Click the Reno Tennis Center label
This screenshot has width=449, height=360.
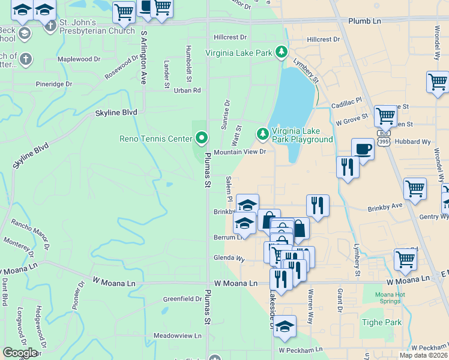[x=155, y=139]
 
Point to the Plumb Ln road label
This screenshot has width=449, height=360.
[x=364, y=21]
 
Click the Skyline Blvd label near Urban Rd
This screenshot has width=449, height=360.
[x=116, y=113]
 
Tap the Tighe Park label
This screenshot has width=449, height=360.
[x=381, y=322]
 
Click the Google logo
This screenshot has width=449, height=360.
[x=20, y=352]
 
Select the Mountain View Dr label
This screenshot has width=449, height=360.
[x=240, y=152]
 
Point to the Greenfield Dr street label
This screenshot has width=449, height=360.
[x=183, y=299]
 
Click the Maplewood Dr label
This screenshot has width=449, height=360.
[x=79, y=59]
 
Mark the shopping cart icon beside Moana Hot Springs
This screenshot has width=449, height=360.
[x=405, y=260]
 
